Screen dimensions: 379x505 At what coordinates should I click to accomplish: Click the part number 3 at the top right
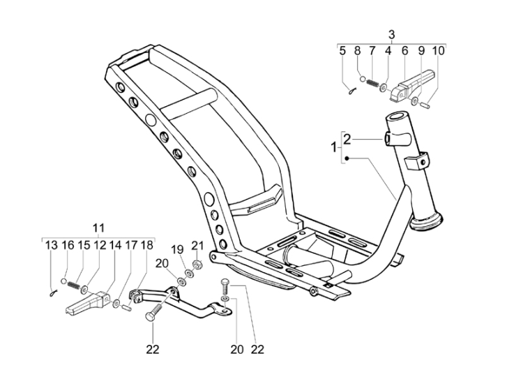click(391, 34)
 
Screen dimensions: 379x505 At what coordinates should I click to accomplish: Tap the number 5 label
click(342, 50)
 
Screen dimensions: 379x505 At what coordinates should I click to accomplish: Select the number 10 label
click(438, 50)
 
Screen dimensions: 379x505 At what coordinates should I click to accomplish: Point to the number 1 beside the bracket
click(333, 147)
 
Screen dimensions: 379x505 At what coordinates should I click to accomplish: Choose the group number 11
click(98, 228)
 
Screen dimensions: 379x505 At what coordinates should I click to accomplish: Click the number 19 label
click(177, 249)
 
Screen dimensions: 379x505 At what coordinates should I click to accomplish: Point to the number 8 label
click(357, 50)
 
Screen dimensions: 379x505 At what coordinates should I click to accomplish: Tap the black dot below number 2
click(346, 158)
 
